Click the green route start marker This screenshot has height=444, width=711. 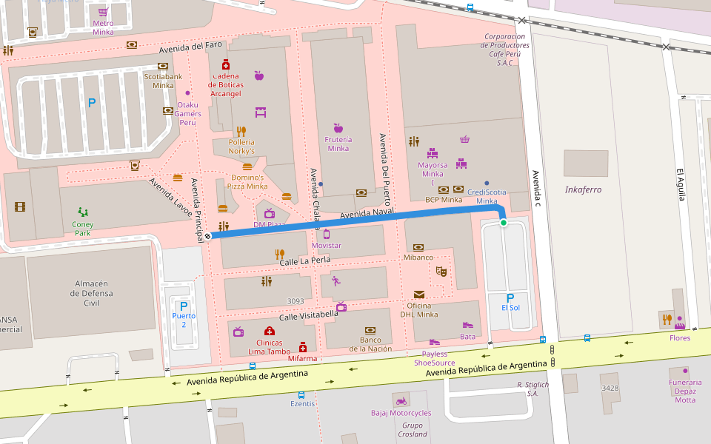pos(504,223)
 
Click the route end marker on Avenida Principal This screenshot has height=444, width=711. pos(208,236)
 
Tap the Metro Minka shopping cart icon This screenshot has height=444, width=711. pos(103,12)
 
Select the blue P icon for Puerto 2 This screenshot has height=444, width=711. pos(184,306)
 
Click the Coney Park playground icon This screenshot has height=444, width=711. pos(83,212)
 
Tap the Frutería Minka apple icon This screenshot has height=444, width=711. pos(338,128)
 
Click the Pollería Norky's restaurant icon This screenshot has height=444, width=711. pos(241,131)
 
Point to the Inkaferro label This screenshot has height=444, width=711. pos(583,189)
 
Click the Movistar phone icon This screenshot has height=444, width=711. pos(326,234)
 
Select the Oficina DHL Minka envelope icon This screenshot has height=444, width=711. pos(419,295)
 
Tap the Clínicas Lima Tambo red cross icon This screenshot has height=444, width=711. pos(269,332)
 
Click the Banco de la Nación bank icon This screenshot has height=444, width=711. pos(370,330)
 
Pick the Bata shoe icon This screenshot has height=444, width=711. pos(467,325)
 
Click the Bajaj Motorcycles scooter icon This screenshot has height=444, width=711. pos(401,401)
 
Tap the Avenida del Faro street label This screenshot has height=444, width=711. pos(191,47)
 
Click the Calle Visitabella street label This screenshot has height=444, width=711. pos(308,314)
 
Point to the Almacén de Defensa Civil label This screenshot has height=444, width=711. pos(92,293)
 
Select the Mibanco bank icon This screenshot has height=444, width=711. pos(418,247)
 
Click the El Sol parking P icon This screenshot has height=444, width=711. pos(510,297)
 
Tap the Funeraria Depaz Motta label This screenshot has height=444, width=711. pos(685,391)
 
